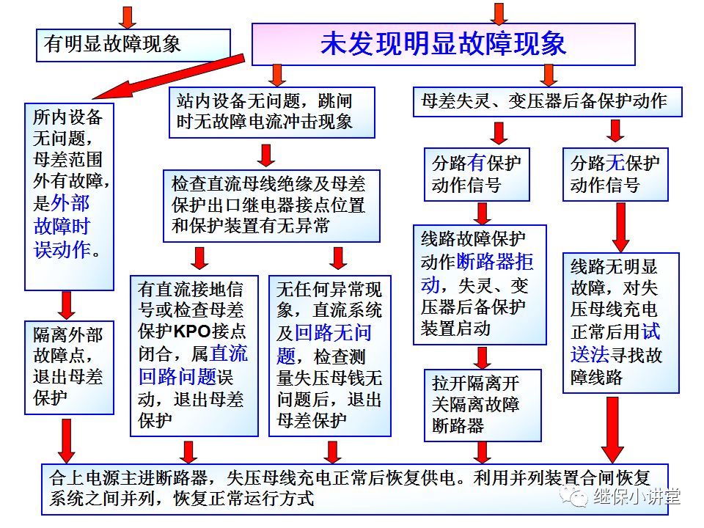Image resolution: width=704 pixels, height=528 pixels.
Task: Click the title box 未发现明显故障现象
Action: tap(443, 44)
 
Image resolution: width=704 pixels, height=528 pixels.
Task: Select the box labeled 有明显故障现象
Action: tap(133, 44)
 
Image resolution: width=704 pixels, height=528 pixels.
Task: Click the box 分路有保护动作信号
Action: tap(476, 174)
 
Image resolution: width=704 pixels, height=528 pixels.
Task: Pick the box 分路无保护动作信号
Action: tap(615, 174)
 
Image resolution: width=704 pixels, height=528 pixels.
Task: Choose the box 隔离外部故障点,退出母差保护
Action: tap(69, 367)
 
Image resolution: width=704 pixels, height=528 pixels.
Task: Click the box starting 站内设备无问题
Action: tap(271, 111)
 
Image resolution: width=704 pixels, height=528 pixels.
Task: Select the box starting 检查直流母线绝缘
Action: tap(271, 205)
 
